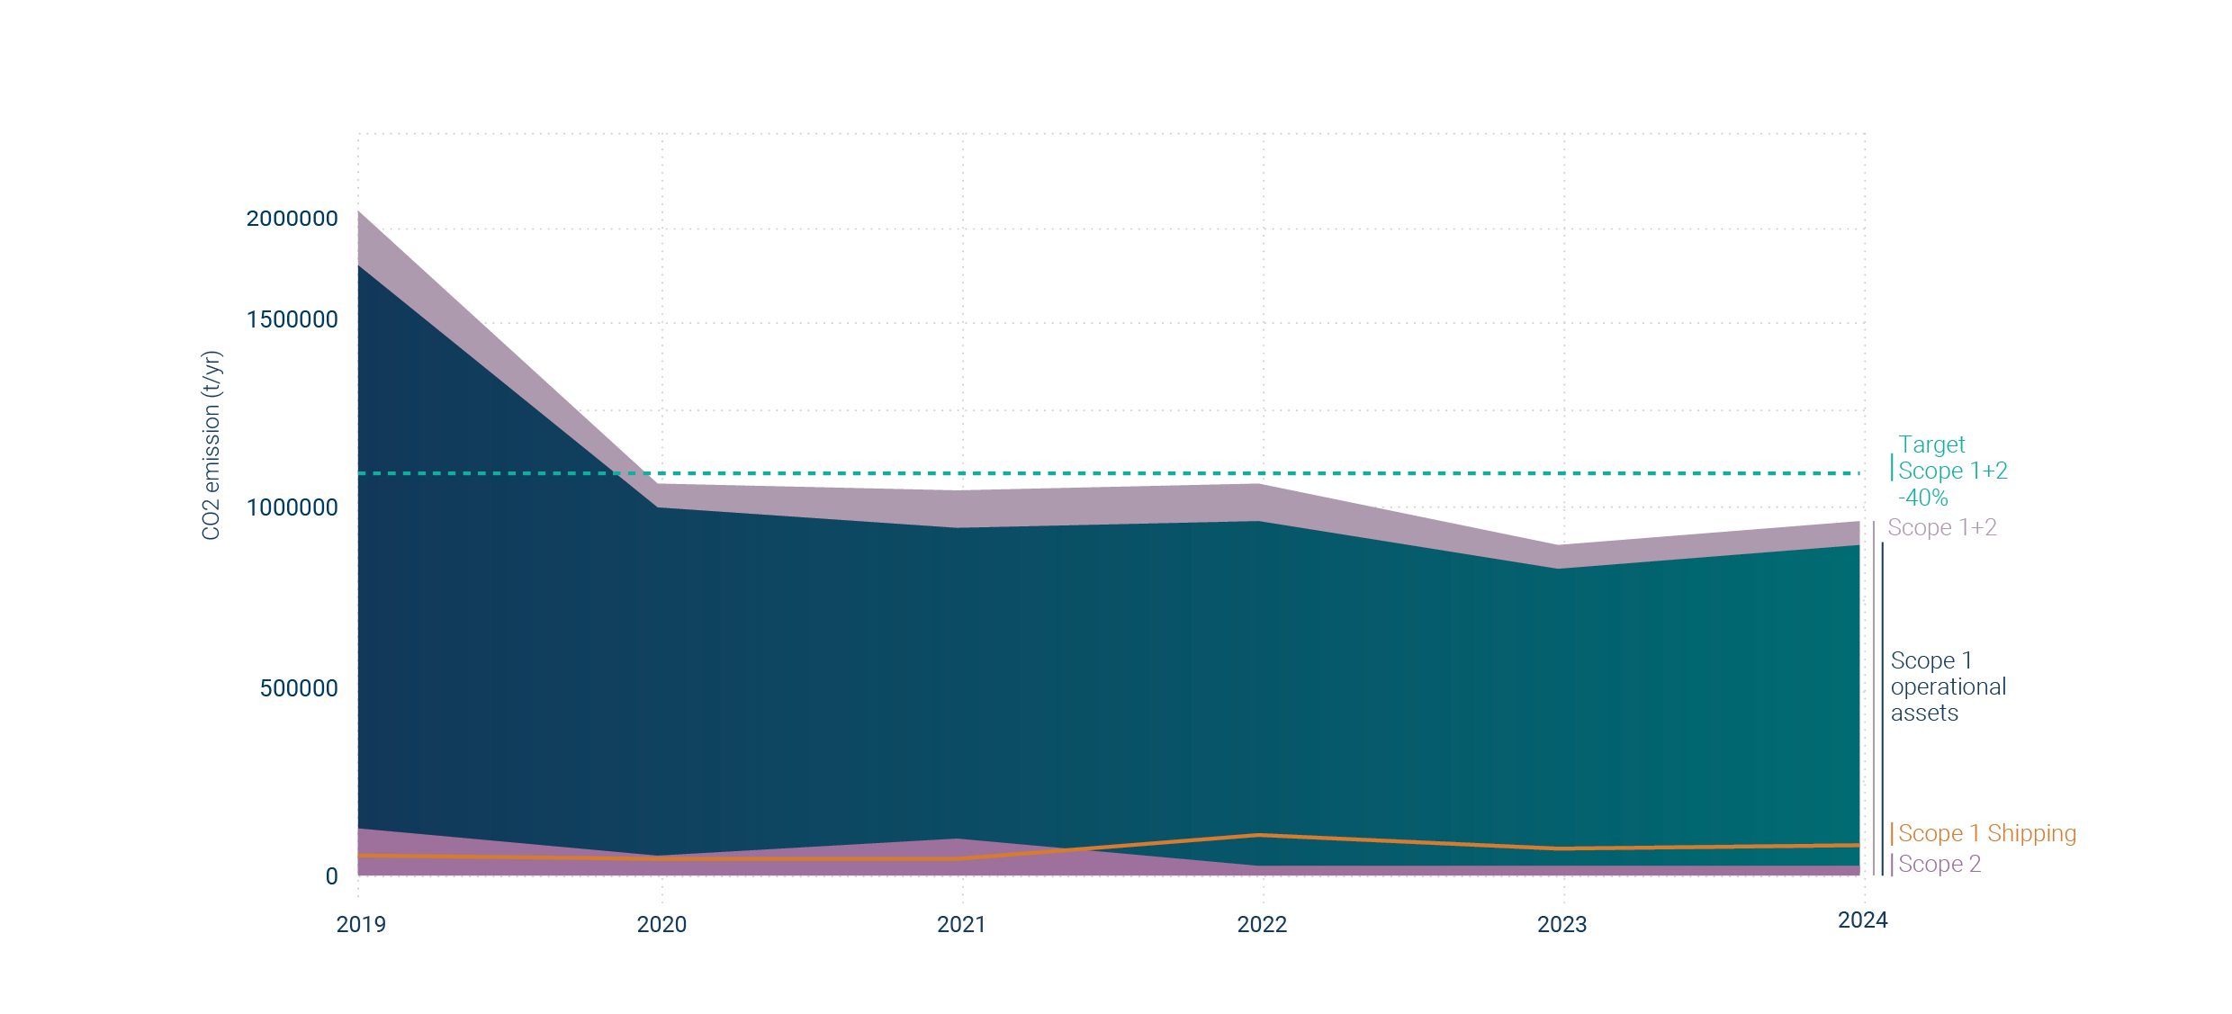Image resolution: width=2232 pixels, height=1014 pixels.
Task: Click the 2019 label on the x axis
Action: tap(360, 924)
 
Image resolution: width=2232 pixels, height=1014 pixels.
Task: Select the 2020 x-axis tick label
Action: tap(661, 924)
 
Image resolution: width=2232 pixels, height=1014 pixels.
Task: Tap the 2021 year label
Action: tap(961, 924)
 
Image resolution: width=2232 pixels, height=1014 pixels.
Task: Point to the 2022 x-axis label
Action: tap(1262, 924)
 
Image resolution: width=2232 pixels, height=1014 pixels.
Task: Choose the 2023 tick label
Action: tap(1561, 924)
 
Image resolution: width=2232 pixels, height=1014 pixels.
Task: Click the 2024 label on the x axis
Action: tap(1862, 920)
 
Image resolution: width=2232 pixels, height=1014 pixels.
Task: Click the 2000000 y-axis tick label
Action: tap(292, 219)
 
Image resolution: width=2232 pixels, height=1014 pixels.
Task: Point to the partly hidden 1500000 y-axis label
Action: tap(292, 319)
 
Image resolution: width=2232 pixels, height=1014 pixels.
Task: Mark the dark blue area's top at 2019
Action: tap(359, 266)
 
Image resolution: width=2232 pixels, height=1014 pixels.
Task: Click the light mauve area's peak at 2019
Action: tap(359, 212)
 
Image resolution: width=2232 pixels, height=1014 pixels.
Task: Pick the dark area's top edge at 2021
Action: tap(961, 527)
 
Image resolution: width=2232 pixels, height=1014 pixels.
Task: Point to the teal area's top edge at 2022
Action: tap(1262, 522)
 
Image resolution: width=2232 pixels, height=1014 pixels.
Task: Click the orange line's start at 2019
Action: tap(359, 855)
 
